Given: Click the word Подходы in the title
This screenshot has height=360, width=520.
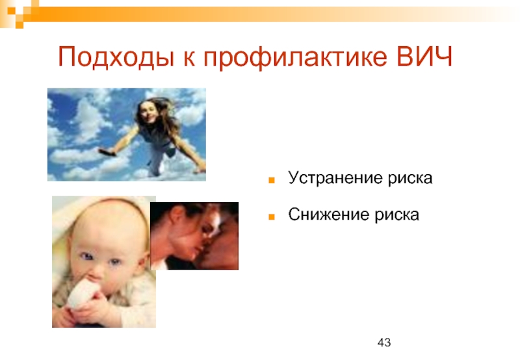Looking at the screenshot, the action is coord(116,57).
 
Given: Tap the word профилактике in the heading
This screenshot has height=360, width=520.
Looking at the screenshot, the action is coord(295,58).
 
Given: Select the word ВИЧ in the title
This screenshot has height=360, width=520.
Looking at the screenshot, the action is coord(424,56).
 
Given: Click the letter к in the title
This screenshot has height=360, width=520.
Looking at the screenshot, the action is coord(188,59).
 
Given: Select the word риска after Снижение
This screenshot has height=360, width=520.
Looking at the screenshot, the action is coord(396,216).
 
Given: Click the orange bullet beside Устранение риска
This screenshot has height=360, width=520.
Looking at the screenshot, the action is coord(272,181).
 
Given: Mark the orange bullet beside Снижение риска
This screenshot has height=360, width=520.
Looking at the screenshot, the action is coord(272,217).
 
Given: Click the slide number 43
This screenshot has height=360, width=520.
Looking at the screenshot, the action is coord(384,342).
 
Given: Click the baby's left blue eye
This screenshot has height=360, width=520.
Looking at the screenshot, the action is coord(87,256).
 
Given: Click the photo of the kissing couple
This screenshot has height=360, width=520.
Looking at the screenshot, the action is coord(194,236).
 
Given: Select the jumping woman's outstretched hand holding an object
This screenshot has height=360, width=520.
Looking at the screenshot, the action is coord(107,152).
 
